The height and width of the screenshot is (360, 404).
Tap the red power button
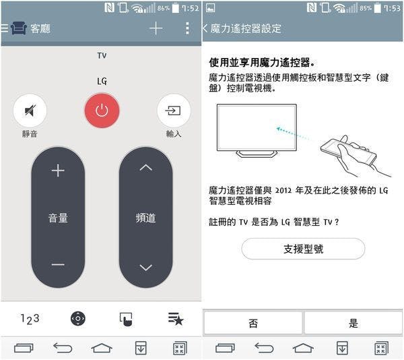point(102,111)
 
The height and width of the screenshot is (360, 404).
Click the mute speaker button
point(30,111)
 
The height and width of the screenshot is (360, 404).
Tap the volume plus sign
point(58,171)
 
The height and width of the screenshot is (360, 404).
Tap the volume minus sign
point(58,264)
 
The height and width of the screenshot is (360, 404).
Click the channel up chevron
point(146,168)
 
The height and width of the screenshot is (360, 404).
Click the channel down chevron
point(146,268)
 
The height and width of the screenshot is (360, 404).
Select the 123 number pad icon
point(30,320)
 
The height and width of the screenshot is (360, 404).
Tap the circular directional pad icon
point(78,319)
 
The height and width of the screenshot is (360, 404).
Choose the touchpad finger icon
point(126,320)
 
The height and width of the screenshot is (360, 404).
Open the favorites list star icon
point(176,319)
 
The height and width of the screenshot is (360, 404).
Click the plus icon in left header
point(156,28)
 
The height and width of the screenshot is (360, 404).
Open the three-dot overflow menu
point(187,28)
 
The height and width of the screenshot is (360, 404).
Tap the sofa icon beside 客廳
point(19,28)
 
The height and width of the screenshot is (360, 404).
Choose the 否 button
point(252,323)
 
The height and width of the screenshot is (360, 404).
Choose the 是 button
point(353,323)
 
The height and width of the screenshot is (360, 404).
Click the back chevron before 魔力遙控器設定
point(205,28)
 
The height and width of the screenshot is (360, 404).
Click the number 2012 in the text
point(283,191)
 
